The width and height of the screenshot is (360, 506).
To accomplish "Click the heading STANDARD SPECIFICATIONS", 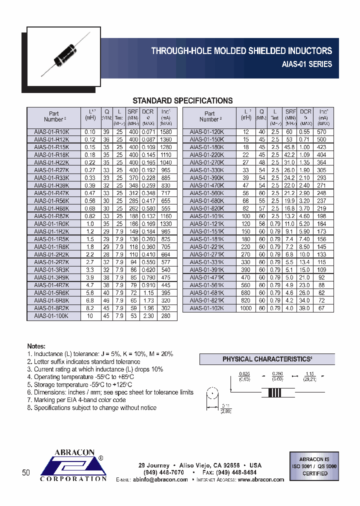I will [182, 100].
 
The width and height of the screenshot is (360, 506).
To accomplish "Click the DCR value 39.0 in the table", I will [305, 308].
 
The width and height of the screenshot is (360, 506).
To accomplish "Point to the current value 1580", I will [165, 132].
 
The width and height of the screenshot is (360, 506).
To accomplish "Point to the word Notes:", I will [36, 346].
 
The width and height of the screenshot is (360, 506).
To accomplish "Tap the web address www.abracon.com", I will [260, 479].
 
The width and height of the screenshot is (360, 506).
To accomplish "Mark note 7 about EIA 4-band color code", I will [80, 400].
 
